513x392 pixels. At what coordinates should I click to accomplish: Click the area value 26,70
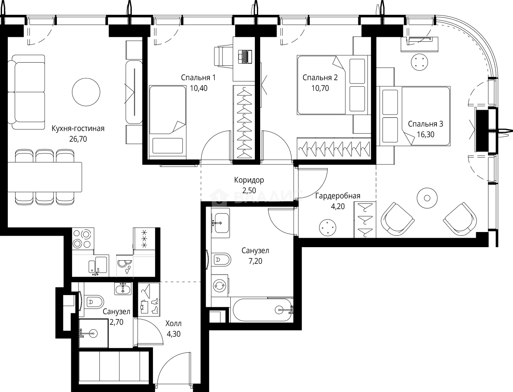point(78,139)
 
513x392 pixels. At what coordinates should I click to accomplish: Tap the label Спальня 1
point(198,78)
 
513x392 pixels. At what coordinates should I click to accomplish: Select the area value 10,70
point(320,88)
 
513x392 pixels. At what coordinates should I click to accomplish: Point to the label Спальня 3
point(425,124)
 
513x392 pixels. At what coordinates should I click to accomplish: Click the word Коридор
point(249,180)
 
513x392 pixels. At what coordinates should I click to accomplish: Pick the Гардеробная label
point(338,196)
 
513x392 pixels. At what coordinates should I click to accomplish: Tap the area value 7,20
point(255,261)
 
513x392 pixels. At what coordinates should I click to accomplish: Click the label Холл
point(173,324)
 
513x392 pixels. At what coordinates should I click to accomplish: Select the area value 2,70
point(117,322)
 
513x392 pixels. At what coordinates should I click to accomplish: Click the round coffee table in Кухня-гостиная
point(86,92)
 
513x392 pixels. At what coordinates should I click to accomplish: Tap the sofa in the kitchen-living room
point(26,92)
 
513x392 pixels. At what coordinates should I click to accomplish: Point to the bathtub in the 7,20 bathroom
point(262,310)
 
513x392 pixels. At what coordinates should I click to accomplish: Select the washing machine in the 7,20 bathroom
point(220,286)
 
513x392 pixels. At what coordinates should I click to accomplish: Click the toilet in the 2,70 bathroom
point(94,302)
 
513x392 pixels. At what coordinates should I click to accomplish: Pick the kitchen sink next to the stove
point(99,266)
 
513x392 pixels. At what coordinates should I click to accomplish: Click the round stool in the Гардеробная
point(328,227)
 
